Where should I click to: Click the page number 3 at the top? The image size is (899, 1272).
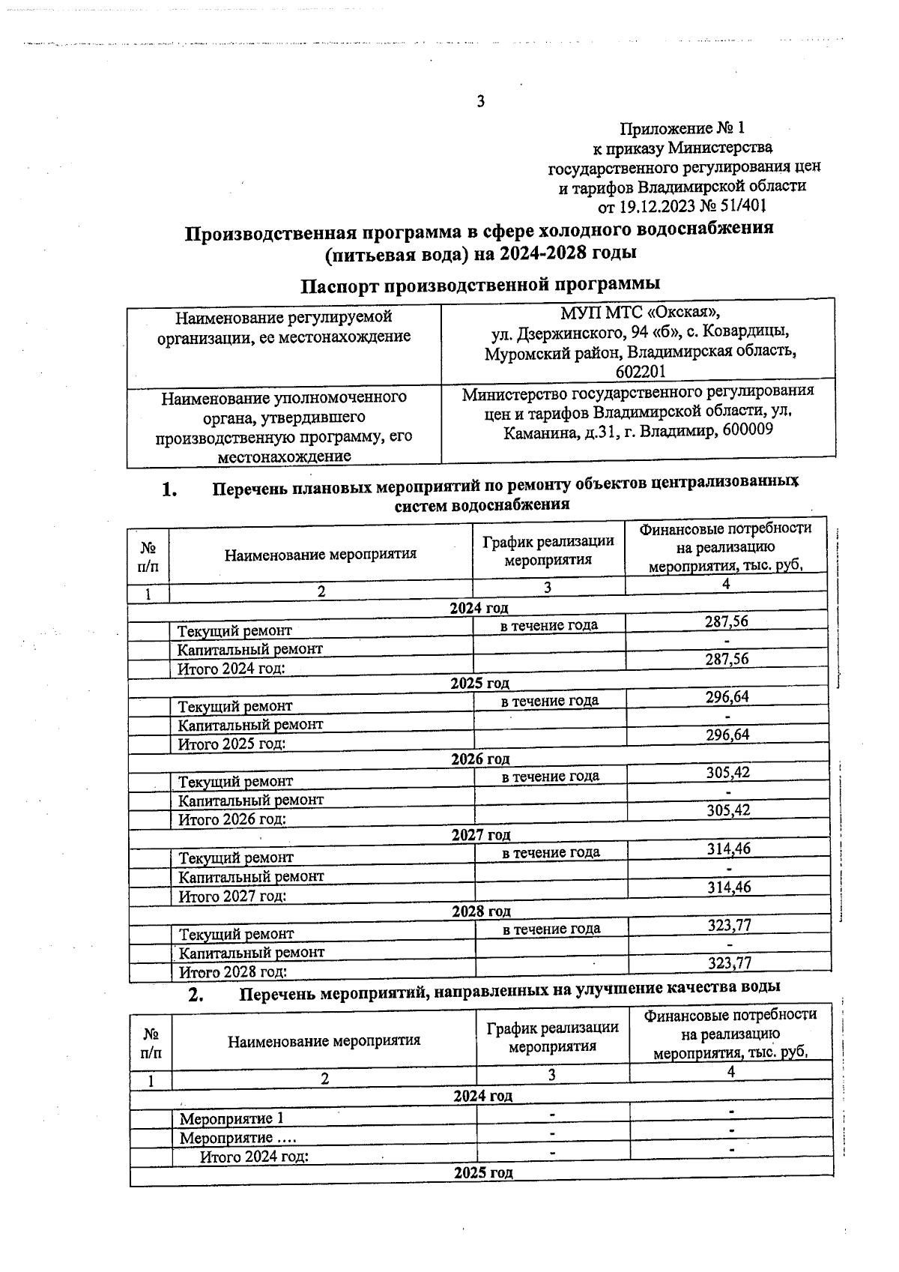[x=481, y=102]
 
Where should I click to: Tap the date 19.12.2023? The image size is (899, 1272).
[x=657, y=205]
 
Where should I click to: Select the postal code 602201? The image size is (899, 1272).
[x=641, y=372]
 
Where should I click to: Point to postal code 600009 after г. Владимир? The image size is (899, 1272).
[x=747, y=430]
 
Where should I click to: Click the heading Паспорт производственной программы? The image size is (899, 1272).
[x=480, y=285]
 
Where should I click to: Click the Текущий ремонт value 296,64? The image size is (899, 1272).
[x=727, y=697]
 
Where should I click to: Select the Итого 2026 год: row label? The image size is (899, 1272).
[x=232, y=819]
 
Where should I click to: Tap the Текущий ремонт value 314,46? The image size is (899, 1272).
[x=729, y=849]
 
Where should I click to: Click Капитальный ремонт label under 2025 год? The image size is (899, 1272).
[x=250, y=725]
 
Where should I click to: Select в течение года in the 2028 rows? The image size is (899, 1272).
[x=551, y=929]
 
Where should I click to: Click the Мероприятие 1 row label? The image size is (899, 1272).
[x=231, y=1119]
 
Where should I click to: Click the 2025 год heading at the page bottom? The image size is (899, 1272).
[x=483, y=1173]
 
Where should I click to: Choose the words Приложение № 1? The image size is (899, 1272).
[x=682, y=128]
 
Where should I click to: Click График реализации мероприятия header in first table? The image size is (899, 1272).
[x=548, y=549]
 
